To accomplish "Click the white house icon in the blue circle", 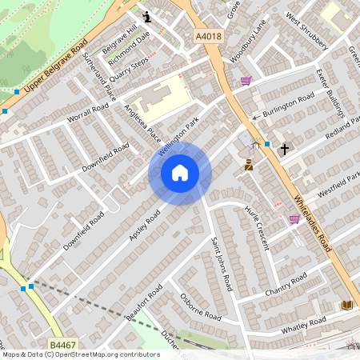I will [180, 172].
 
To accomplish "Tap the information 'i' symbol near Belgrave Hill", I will [146, 16].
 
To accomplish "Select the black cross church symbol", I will [283, 149].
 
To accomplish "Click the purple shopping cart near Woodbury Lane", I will [246, 80].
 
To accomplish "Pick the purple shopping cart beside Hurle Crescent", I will [294, 218].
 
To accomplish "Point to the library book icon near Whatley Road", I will [346, 305].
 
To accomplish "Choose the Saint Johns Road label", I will [221, 263].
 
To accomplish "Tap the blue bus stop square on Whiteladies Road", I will [267, 144].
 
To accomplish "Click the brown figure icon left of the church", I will [249, 166].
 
